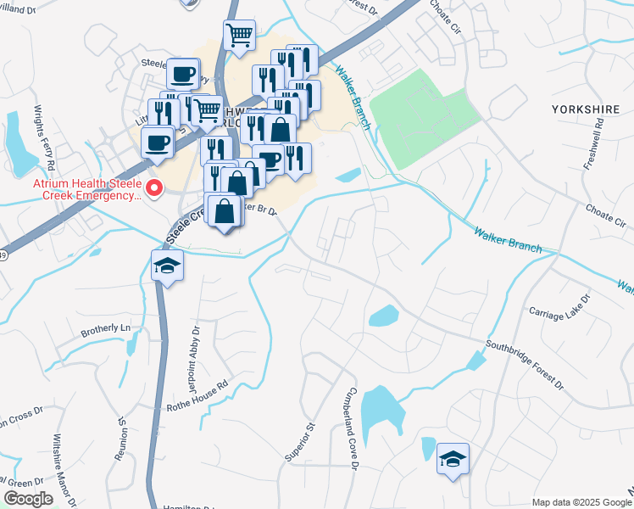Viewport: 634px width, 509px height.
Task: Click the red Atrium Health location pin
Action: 153,187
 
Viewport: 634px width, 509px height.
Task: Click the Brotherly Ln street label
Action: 108,327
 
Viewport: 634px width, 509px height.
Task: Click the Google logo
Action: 28,499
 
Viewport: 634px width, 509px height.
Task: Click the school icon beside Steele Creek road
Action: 168,266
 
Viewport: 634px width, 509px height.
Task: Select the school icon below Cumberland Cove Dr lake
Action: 453,461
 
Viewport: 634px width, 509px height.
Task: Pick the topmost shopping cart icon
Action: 240,36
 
